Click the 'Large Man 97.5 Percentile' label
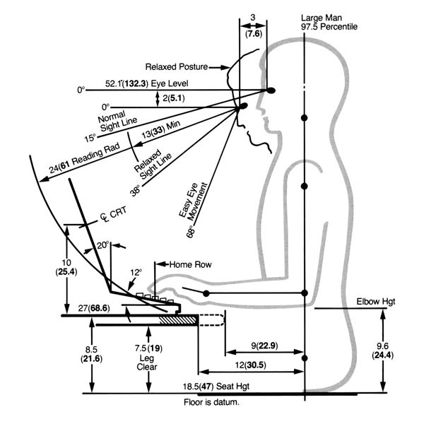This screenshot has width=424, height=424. pos(329,21)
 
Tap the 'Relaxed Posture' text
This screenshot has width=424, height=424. pos(177,67)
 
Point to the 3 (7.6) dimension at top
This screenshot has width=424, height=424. pos(252,26)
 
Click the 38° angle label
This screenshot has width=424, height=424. pos(135,190)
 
